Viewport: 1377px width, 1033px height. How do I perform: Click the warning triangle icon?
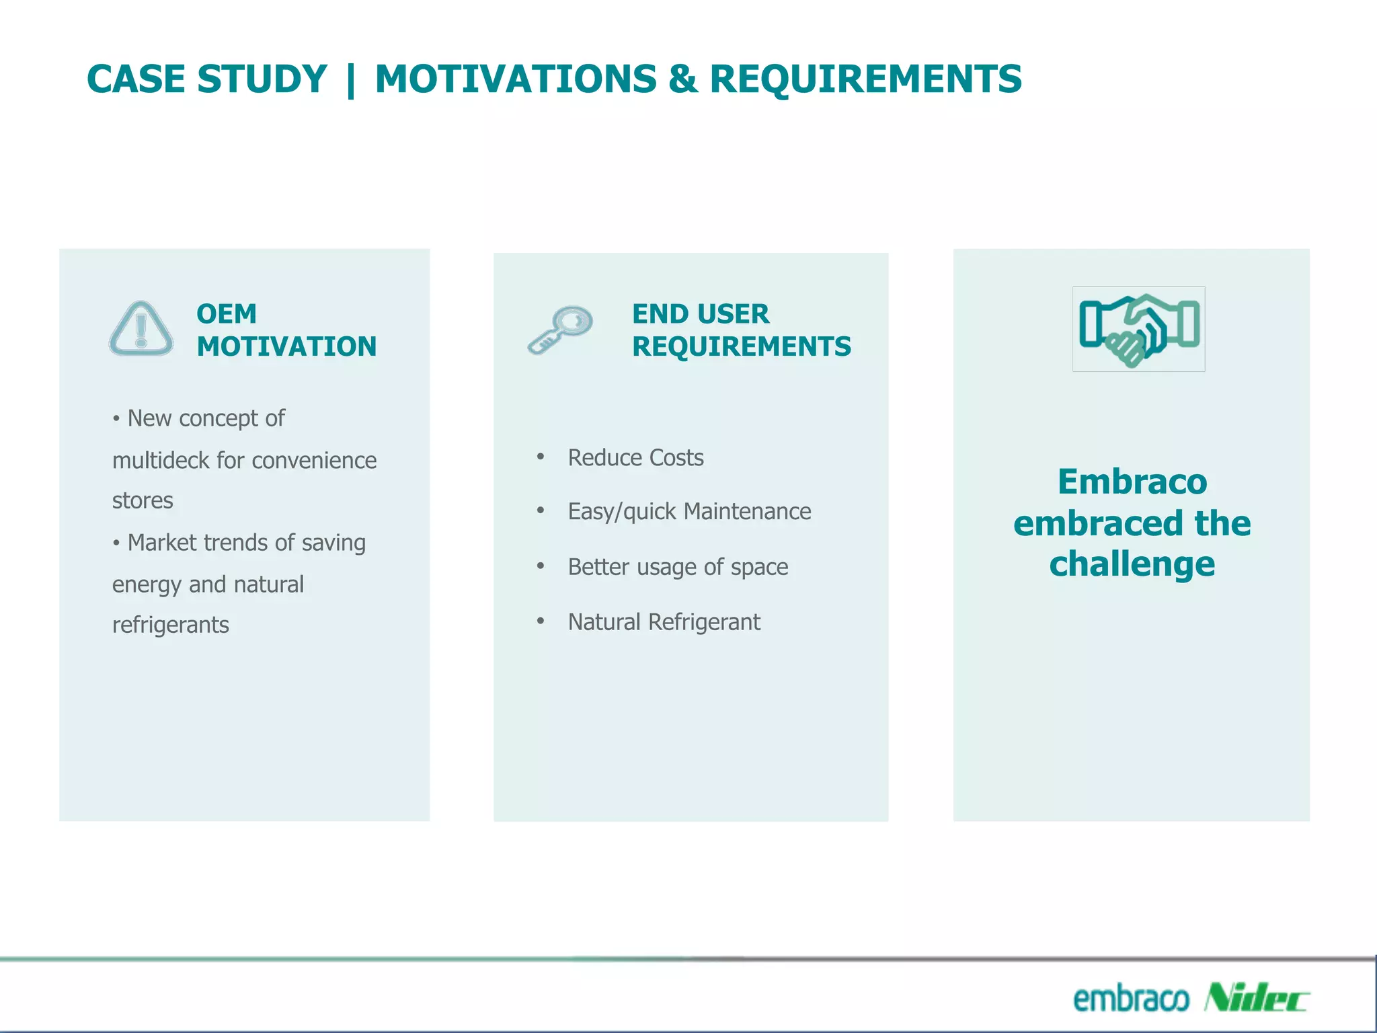(141, 330)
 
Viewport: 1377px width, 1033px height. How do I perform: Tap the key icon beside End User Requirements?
(560, 330)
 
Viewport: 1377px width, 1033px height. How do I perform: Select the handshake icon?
(1138, 330)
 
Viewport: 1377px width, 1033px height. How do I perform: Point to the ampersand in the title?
(683, 79)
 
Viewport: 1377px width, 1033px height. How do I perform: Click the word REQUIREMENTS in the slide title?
(865, 79)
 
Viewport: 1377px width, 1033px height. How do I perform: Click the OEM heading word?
(227, 314)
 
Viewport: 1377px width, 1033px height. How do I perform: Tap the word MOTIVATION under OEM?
(286, 347)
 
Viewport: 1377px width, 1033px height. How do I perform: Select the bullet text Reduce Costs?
(635, 458)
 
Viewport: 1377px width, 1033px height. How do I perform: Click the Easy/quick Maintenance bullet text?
(689, 512)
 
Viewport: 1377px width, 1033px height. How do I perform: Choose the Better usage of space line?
(678, 567)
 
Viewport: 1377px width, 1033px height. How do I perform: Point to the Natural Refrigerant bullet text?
(664, 622)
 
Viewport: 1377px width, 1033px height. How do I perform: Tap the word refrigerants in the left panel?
(170, 625)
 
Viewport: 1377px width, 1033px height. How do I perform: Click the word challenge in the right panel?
(1132, 564)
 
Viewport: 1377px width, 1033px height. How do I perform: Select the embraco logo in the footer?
(1130, 999)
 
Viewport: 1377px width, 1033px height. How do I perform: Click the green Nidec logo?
(1255, 997)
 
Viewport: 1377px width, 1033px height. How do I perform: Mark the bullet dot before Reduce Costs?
(540, 457)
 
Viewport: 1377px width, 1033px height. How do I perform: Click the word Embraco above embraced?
(1132, 482)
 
